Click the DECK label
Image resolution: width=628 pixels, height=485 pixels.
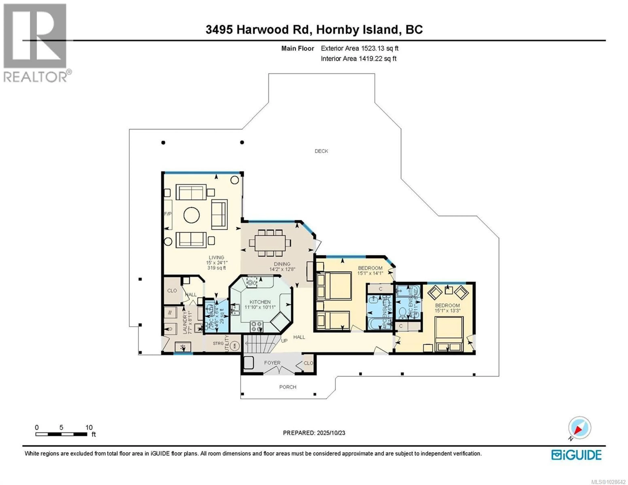[321, 151]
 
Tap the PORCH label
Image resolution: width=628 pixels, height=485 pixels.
[288, 387]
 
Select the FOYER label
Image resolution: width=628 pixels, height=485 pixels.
[272, 363]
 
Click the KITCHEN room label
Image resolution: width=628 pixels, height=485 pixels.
[260, 302]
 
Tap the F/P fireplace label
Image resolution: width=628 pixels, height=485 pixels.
[168, 214]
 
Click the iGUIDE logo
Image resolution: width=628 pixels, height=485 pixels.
[576, 455]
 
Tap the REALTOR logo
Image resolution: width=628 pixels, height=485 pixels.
[36, 43]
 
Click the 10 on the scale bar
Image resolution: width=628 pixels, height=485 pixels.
[89, 427]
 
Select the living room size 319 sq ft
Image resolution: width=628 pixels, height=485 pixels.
[217, 268]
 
